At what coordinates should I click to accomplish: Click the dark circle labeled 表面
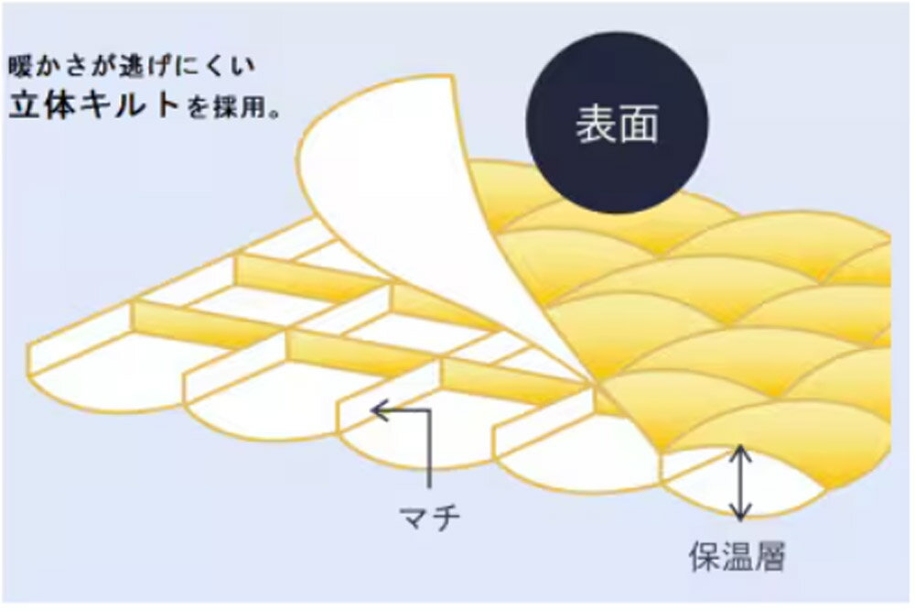[x=617, y=122]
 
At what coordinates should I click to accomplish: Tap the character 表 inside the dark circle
[x=596, y=124]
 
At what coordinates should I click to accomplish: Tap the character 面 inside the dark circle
[x=639, y=124]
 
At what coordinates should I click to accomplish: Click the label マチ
[x=429, y=517]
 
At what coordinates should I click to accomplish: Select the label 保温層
[x=737, y=556]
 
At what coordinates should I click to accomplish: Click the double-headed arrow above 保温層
[x=740, y=483]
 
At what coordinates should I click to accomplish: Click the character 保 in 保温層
[x=705, y=556]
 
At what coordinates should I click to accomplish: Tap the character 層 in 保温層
[x=770, y=556]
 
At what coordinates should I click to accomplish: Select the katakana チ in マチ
[x=446, y=517]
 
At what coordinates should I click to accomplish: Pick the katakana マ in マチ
[x=414, y=518]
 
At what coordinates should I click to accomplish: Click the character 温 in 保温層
[x=737, y=556]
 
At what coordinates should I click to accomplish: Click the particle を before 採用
[x=198, y=109]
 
